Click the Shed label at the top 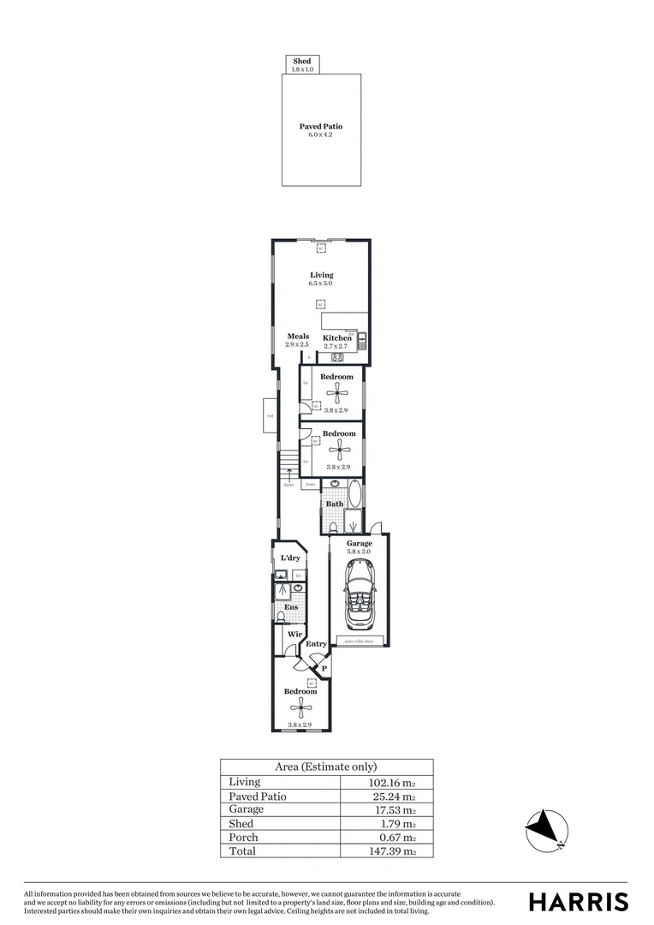coord(301,62)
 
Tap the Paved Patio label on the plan coord(321,127)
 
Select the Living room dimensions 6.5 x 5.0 coord(321,283)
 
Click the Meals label coord(298,337)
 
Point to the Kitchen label coord(337,338)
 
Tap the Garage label coord(359,544)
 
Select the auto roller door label coord(359,641)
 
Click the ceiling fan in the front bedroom coord(299,706)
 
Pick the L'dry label coord(291,558)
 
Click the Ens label coord(291,607)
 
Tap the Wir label coord(294,635)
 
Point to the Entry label coord(316,644)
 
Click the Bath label coord(335,504)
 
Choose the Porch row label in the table coord(243,838)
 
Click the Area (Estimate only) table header coord(325,767)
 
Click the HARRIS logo coord(578,902)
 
